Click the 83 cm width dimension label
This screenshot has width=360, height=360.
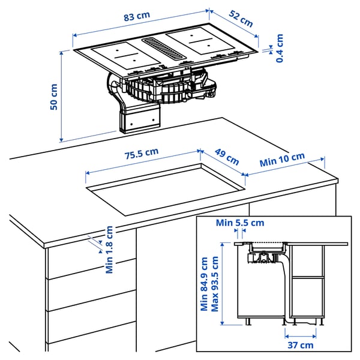[137, 17]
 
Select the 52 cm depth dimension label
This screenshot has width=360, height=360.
[241, 19]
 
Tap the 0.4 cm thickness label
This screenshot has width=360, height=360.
[280, 48]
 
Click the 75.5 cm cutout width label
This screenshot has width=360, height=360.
[141, 154]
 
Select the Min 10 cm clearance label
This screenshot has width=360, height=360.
[282, 160]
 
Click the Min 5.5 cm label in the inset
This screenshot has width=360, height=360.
[240, 223]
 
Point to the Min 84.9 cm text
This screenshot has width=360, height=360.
[205, 284]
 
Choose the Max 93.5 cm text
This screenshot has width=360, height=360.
[215, 284]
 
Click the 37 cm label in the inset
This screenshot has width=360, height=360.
[300, 344]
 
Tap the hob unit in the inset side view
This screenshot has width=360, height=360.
[267, 245]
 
